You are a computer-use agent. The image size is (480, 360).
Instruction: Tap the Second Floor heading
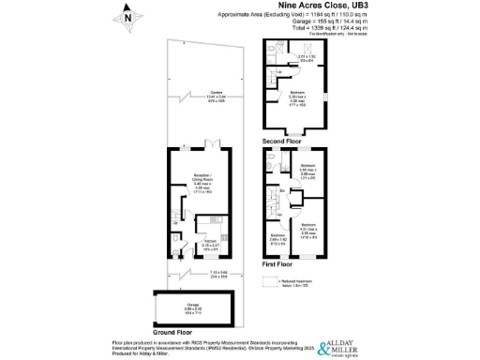click(284, 140)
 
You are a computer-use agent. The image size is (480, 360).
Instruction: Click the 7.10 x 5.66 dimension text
click(192, 273)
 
